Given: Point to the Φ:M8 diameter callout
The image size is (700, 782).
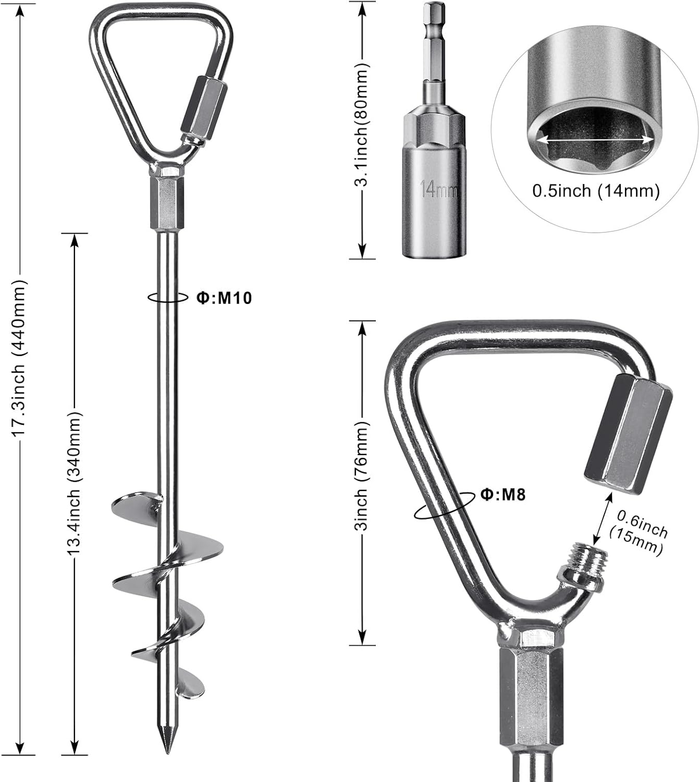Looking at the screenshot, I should coord(503,494).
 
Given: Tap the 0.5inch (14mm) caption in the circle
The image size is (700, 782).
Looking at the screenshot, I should coord(596,191).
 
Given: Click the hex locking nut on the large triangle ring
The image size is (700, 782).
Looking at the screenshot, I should coord(627,433).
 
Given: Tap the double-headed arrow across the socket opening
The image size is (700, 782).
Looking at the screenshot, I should coord(596,140).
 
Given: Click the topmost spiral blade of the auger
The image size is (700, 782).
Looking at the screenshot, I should coord(137,503).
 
